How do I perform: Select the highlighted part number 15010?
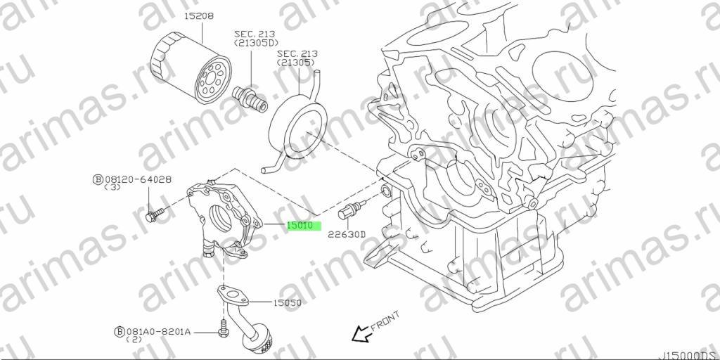pyautogui.click(x=301, y=226)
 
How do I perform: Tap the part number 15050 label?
pyautogui.click(x=287, y=303)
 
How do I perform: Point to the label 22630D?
pyautogui.click(x=346, y=235)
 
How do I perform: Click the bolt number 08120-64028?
pyautogui.click(x=138, y=179)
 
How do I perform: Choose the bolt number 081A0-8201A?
pyautogui.click(x=158, y=331)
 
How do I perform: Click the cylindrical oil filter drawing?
pyautogui.click(x=191, y=67)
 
